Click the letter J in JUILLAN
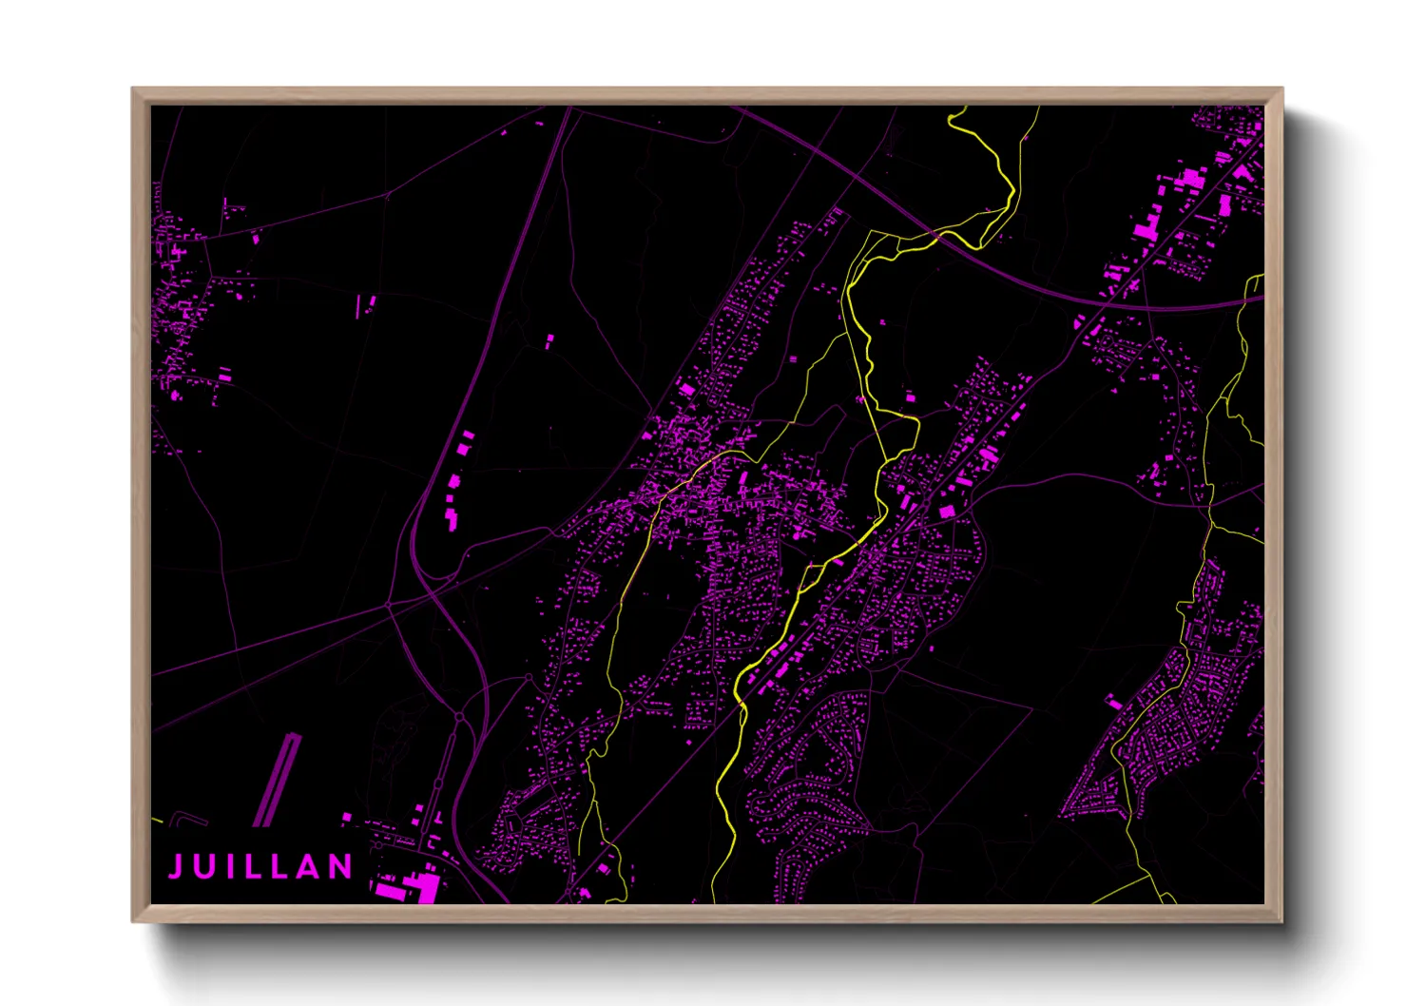tap(177, 866)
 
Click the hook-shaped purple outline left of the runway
tap(186, 817)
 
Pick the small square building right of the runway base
tap(347, 817)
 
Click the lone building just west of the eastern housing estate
tap(1113, 703)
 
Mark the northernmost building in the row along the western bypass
tap(468, 435)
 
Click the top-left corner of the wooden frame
tap(133, 88)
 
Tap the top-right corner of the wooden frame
tap(1282, 88)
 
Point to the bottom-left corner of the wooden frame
tap(133, 920)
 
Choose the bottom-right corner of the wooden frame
tap(1282, 920)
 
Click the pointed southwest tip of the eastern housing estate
tap(1065, 815)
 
